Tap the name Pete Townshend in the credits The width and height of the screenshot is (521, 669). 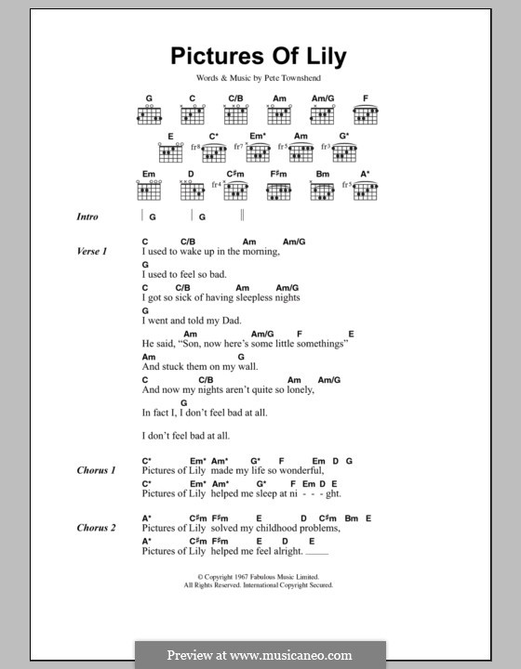coord(293,81)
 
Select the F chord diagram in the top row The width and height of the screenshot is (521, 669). coord(366,113)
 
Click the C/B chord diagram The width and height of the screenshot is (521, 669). coord(236,113)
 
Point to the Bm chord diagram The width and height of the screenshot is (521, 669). coord(322,189)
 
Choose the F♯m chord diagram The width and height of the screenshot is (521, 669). coord(279,189)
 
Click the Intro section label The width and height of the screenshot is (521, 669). coord(87,216)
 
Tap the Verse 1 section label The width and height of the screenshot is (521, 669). coord(92,251)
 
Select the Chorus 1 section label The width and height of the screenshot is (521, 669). coord(96,470)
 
